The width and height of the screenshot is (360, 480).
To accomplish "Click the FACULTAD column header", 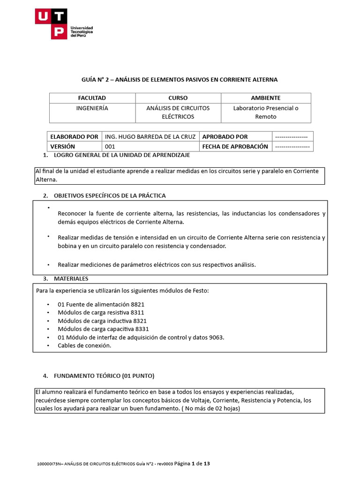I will click(92, 98).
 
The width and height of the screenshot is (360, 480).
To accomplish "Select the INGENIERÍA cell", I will click(92, 108).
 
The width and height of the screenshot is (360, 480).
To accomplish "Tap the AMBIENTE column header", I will click(265, 98).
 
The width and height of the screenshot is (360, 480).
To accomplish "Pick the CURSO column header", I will click(178, 98).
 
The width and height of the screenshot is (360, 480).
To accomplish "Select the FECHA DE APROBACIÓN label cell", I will click(235, 146).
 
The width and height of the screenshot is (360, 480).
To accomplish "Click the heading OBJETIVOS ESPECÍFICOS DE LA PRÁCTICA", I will click(110, 195).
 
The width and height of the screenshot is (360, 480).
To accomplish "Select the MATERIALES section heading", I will click(71, 279).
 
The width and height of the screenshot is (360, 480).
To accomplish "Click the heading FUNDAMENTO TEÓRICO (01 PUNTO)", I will click(104, 376).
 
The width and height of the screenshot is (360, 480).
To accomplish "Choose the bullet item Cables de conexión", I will click(84, 345).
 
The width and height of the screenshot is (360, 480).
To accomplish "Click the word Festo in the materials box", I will click(199, 291).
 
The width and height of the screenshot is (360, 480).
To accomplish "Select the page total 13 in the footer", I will click(206, 464).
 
